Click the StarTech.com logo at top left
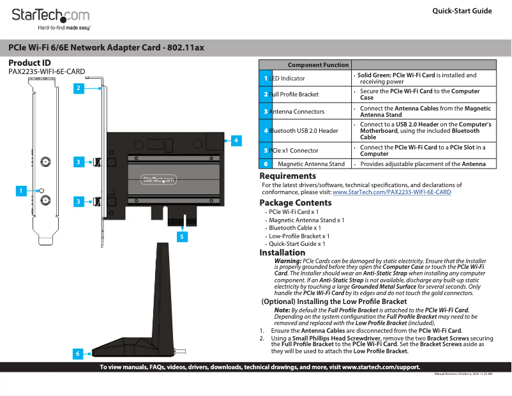50,17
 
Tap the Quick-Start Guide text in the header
462,11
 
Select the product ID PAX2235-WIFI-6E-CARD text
47,72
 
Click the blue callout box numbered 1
21,190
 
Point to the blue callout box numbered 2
77,88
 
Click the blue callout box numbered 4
236,140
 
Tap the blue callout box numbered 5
182,236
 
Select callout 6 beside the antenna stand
77,353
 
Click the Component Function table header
318,65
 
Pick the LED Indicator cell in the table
287,79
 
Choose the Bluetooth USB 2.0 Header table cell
303,131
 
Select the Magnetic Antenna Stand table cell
311,164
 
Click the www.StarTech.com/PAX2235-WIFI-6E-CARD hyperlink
392,192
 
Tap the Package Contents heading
295,203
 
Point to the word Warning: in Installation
288,261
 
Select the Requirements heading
287,176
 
